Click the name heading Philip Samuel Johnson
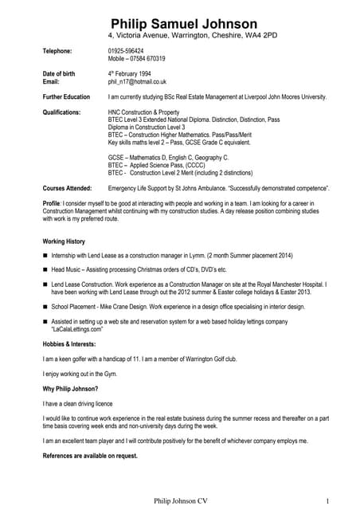click(x=184, y=24)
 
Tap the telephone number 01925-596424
click(x=126, y=51)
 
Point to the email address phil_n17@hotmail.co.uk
click(x=137, y=81)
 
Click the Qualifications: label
click(x=61, y=112)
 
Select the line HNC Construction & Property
click(x=146, y=112)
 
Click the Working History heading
click(x=63, y=241)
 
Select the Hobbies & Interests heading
click(x=71, y=343)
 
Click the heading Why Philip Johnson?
click(x=70, y=389)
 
